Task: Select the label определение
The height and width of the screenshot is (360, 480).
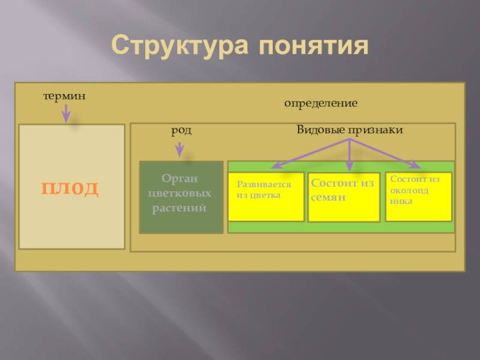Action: [321, 104]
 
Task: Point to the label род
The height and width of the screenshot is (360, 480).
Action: [182, 130]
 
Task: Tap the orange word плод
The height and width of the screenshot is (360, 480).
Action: [70, 188]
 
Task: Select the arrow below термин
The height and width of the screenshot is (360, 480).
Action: [66, 113]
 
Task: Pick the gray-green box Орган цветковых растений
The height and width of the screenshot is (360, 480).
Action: [181, 197]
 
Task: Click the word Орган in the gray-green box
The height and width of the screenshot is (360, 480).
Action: [181, 179]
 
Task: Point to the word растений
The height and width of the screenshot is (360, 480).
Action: [181, 208]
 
